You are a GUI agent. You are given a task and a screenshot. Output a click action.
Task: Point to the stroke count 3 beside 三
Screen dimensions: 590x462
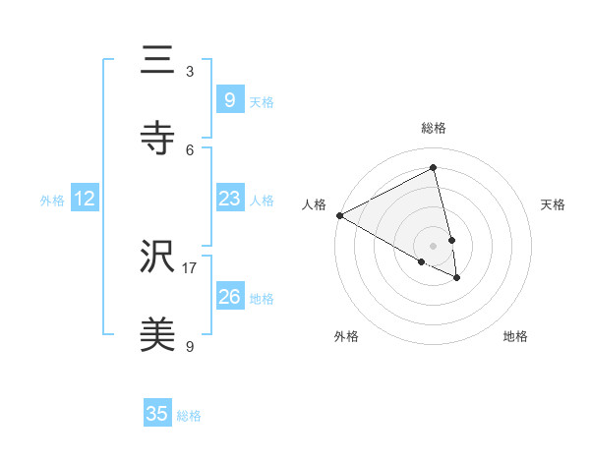coord(190,72)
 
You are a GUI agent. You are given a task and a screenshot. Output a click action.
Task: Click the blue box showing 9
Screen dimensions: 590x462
coord(229,99)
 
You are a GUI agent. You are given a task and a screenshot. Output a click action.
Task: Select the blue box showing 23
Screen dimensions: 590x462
coord(229,199)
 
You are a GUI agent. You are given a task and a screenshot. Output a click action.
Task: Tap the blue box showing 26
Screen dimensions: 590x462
coord(229,296)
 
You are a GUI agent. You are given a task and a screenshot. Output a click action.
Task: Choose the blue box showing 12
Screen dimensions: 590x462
coord(85,199)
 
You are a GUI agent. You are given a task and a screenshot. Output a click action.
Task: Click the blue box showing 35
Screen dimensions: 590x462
coord(157,414)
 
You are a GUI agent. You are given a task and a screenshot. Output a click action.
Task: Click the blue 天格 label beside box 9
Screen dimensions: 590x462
coord(262,102)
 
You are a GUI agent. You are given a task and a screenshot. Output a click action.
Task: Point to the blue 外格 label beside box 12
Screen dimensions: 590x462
coord(52,201)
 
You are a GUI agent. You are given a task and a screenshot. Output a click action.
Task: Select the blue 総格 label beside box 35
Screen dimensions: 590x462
coord(189,416)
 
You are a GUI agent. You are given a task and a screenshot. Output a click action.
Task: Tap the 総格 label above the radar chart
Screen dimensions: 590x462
coord(434,128)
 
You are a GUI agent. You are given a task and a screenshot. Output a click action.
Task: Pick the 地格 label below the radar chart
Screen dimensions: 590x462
coord(515,336)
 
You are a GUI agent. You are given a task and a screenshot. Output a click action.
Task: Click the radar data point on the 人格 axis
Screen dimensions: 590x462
coord(339,215)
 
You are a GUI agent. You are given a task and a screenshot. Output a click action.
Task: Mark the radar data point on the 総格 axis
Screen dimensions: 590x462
coord(434,168)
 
